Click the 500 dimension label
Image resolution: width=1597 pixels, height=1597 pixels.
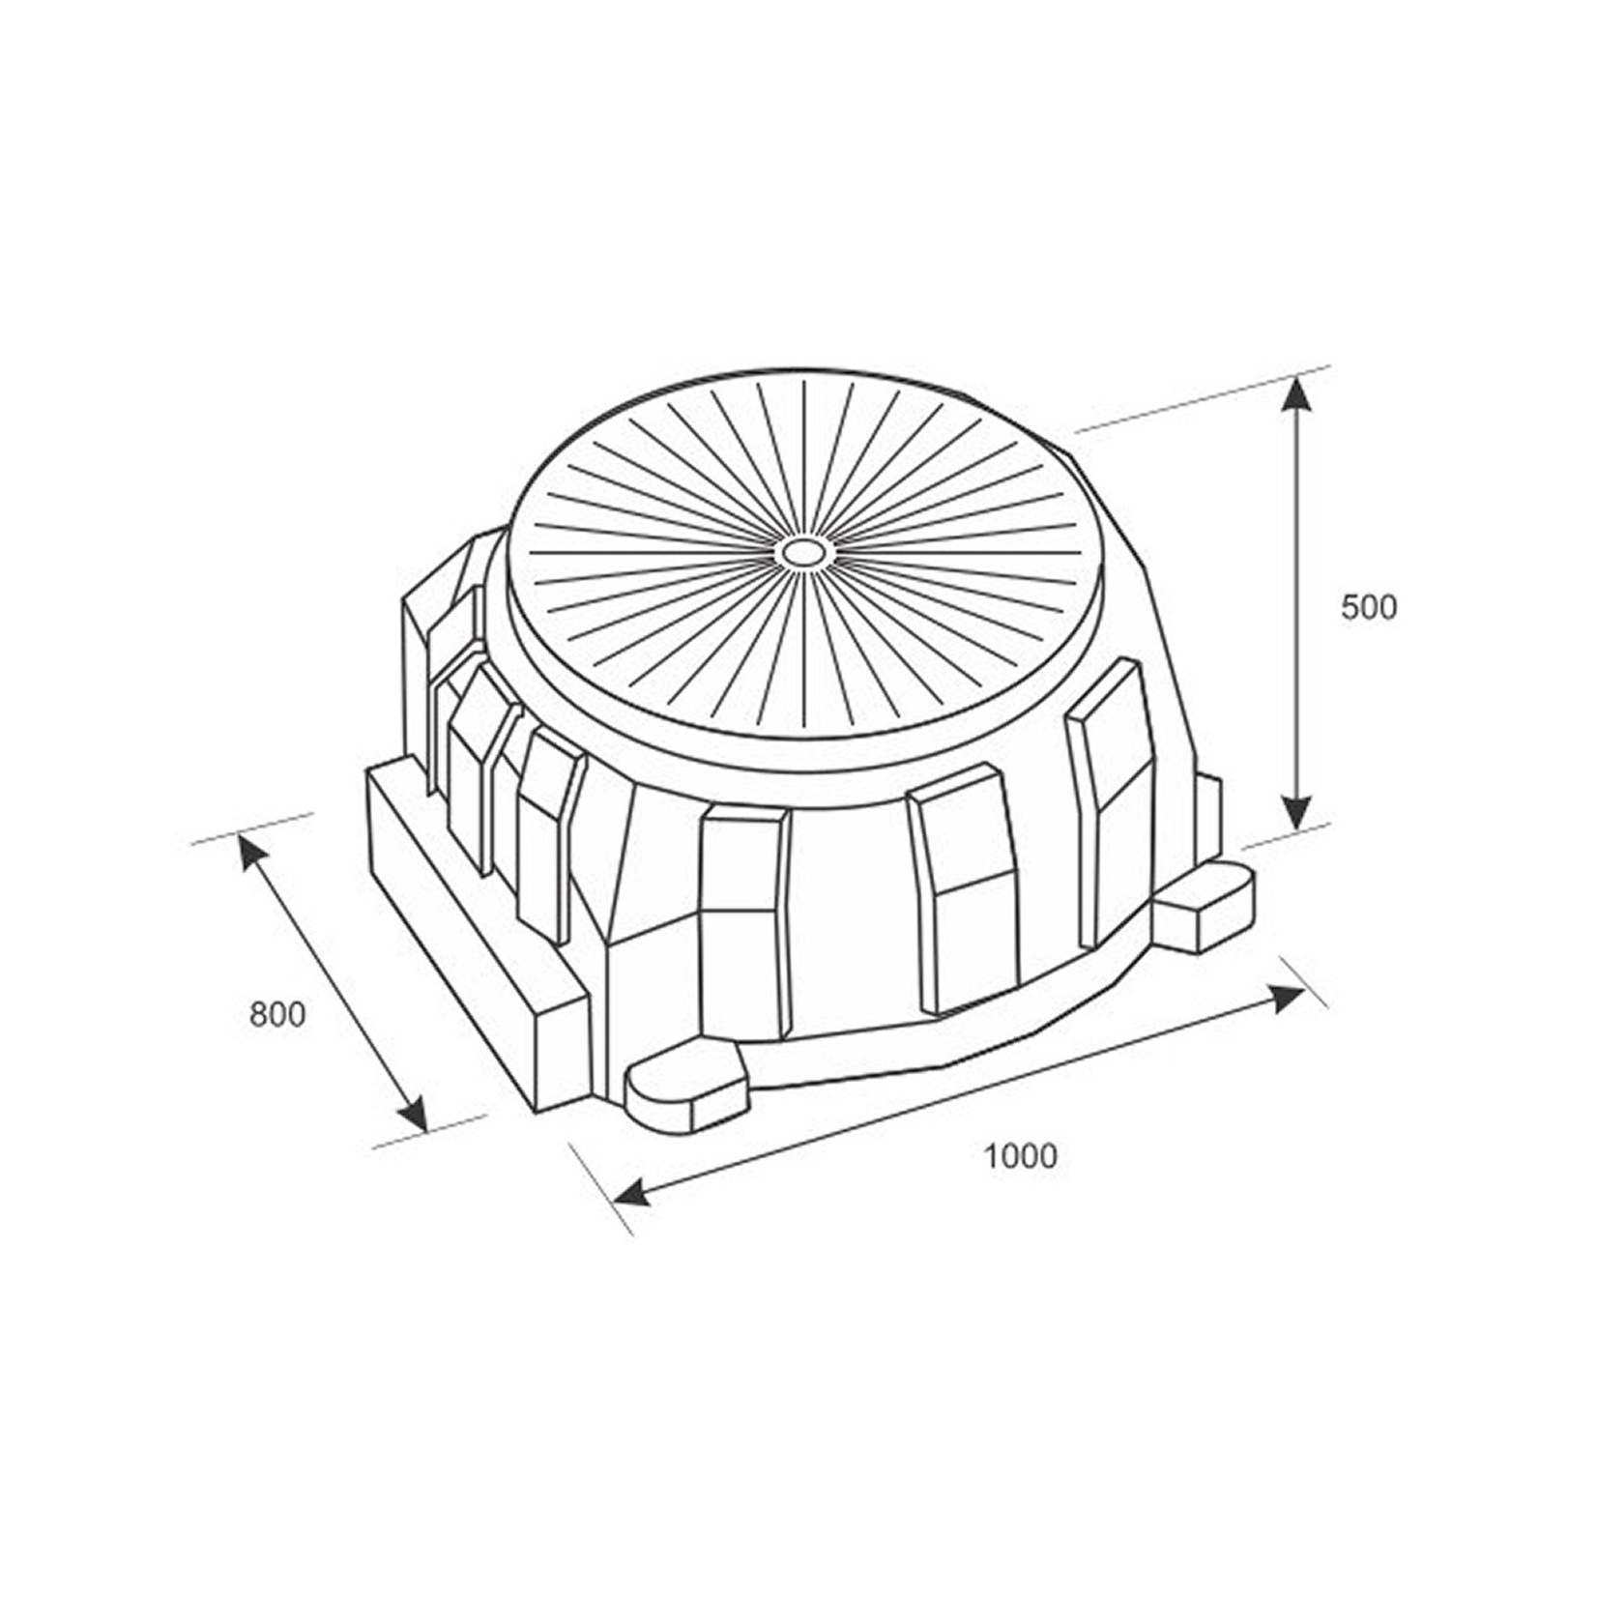tap(1369, 608)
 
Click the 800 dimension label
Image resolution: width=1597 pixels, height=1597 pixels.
tap(277, 1015)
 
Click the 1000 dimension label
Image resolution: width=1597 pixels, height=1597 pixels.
tap(1021, 1155)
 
